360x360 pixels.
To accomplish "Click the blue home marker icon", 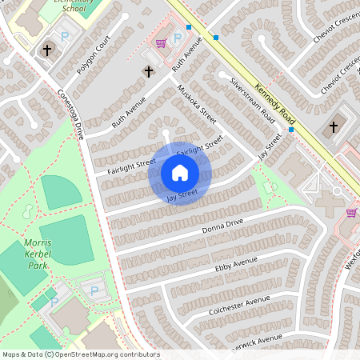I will pos(180,173).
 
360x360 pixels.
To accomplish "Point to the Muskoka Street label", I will pos(197,103).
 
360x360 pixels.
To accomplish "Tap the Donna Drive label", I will pos(222,226).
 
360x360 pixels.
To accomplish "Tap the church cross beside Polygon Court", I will pos(48,50).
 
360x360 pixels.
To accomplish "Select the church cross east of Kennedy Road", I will pos(334,126).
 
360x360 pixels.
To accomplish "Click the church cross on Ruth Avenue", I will pos(148,72).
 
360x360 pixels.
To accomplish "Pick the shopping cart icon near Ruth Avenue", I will pos(160,43).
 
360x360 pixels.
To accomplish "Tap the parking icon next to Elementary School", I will pos(66,36).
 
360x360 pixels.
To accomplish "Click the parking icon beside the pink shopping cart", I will pos(177,38).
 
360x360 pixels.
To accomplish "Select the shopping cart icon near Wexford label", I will pos(350,213).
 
